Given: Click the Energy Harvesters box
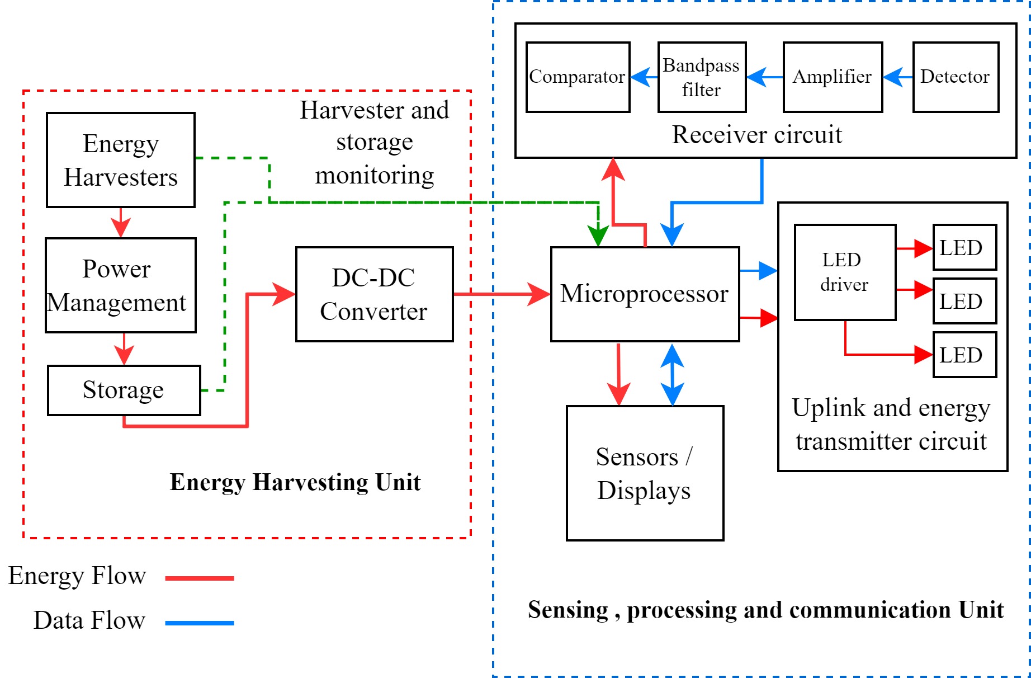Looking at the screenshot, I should pos(120,160).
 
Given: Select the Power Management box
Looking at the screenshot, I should pos(120,285).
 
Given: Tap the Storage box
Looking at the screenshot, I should pos(124,390).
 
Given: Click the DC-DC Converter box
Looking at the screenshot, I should pos(374,294).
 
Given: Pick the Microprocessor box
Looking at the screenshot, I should pos(645,294).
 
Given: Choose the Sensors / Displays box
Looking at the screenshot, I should pos(645,473).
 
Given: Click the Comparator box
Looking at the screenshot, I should pos(578,77).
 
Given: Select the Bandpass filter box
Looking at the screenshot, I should pos(702,77).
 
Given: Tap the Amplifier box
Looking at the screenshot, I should pos(833,77).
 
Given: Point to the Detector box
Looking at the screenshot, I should pos(956,77).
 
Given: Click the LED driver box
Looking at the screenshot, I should pos(845,272).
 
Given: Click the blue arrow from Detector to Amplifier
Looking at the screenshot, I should pos(898,77).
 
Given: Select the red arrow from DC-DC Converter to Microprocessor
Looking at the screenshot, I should pos(501,294).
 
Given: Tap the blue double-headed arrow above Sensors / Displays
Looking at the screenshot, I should pos(672,374).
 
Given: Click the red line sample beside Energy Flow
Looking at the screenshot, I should pos(200,578).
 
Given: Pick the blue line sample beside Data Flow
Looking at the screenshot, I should pos(200,623).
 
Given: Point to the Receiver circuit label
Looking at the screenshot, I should pos(756,135).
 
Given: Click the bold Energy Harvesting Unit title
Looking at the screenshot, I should pos(295,482).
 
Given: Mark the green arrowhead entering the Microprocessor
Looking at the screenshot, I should pos(598,236).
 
